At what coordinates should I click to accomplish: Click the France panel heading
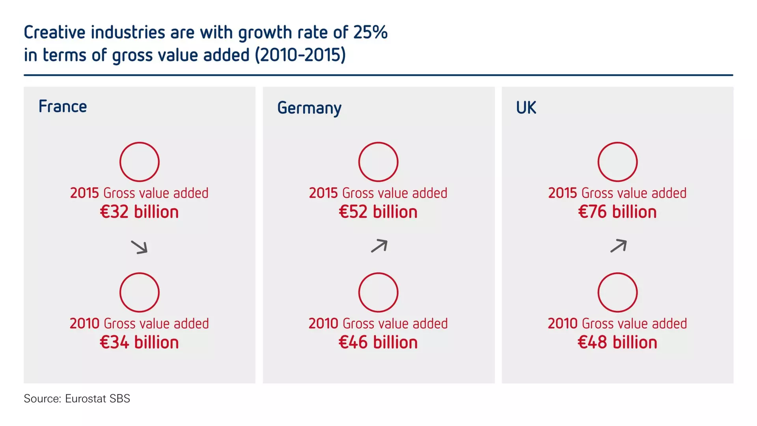tap(63, 106)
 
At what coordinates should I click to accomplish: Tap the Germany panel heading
tap(309, 108)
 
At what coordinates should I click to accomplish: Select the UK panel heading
tap(526, 107)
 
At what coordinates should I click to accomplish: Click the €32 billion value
tap(139, 212)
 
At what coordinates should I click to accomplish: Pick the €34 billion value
tap(139, 342)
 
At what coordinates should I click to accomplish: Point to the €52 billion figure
tap(378, 212)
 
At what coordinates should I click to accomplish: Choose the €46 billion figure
tap(378, 342)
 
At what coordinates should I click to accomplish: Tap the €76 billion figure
tap(617, 212)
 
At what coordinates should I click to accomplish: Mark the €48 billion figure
tap(617, 342)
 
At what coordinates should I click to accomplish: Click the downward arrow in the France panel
tap(139, 247)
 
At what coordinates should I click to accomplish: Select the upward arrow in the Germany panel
tap(379, 246)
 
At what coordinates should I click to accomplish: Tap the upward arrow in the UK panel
tap(618, 246)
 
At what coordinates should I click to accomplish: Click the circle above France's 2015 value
tap(140, 162)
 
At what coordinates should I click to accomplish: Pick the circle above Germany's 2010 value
tap(378, 292)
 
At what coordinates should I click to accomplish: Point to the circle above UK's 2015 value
tap(617, 162)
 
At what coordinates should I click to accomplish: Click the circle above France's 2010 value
tap(140, 292)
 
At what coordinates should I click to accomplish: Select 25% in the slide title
tap(370, 32)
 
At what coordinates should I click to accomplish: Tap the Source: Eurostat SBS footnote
tap(77, 398)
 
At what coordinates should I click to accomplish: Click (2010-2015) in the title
tap(300, 55)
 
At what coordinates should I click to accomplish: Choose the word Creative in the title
tap(55, 32)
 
